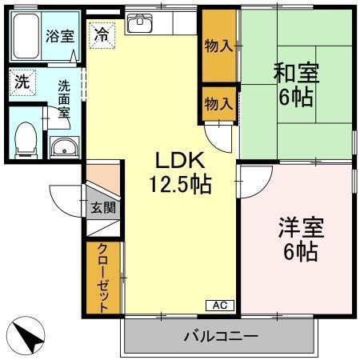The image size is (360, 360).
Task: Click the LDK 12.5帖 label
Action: tap(180, 173)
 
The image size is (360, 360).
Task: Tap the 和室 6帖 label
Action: tap(296, 86)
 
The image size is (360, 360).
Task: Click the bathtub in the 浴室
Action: tap(27, 37)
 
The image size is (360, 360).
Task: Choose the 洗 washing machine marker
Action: tap(20, 81)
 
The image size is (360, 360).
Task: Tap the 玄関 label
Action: tap(102, 208)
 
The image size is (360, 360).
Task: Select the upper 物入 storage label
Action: tap(218, 46)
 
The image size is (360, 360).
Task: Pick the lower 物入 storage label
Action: tap(218, 103)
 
